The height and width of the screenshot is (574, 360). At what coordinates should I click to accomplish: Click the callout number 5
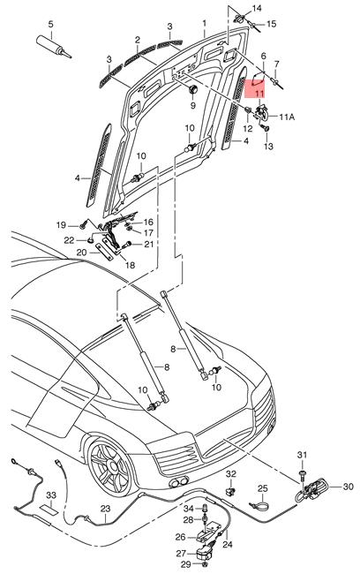[50, 23]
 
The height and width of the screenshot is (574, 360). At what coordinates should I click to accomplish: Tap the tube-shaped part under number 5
[54, 45]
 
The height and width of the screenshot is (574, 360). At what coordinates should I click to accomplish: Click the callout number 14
[257, 9]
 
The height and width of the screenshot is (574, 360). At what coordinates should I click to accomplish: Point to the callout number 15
[271, 24]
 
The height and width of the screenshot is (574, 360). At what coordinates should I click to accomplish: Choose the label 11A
[288, 117]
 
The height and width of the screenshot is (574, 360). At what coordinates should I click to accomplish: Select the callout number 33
[51, 494]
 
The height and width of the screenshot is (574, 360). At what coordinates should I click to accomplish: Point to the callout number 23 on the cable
[105, 509]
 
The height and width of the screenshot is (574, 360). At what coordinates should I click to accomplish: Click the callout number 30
[347, 487]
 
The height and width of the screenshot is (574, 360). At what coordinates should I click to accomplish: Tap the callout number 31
[301, 455]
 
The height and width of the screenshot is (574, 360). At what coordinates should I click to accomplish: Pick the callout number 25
[262, 488]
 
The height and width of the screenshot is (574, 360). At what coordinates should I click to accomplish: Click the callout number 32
[231, 474]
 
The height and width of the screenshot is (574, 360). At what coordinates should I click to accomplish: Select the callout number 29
[185, 563]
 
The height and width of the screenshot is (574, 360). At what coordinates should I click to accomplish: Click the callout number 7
[276, 64]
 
